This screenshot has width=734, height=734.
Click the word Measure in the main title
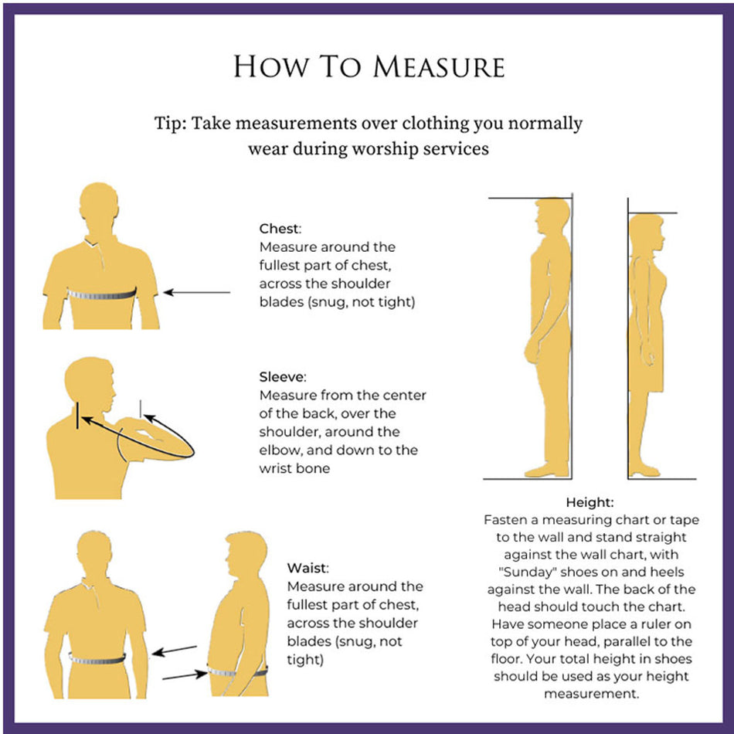(439, 66)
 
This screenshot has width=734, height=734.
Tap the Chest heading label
(280, 229)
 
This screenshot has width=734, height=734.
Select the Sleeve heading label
(282, 377)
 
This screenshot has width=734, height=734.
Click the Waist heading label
(308, 568)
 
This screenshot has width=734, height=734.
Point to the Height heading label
(590, 502)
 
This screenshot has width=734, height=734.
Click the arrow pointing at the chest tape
(196, 293)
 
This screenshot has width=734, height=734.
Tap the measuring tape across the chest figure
(102, 294)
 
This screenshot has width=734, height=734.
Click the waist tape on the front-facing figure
(97, 659)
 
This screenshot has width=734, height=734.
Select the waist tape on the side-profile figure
(237, 672)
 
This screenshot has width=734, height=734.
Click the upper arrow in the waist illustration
(174, 651)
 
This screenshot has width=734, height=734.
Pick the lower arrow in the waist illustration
(185, 675)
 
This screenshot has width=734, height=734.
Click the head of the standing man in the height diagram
(553, 218)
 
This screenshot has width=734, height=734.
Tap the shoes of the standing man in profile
(547, 470)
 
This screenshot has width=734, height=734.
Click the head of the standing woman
(647, 233)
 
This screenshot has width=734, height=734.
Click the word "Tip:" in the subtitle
(171, 124)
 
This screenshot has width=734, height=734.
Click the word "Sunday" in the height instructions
(526, 572)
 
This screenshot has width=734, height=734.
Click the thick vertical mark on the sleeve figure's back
(77, 415)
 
